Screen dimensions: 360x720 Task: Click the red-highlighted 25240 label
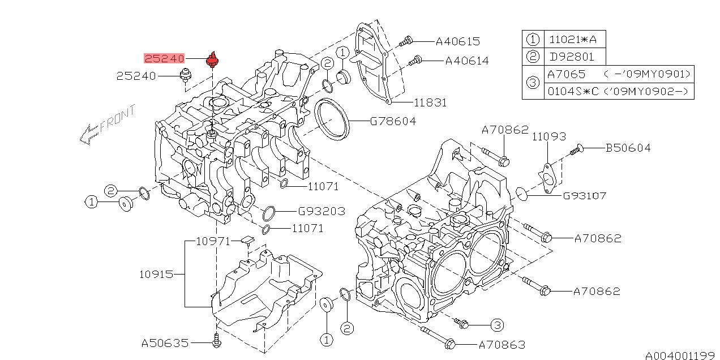(164, 58)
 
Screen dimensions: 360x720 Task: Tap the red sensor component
(213, 59)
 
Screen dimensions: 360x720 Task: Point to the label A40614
(466, 61)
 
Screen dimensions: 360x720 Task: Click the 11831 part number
(430, 103)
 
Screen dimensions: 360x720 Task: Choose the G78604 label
(393, 121)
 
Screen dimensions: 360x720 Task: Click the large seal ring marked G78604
(332, 119)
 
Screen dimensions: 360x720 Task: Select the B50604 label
(628, 148)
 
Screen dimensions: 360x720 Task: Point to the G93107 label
(584, 196)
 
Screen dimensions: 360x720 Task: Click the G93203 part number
(322, 212)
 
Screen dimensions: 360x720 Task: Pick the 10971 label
(213, 241)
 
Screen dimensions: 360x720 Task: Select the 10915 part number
(156, 275)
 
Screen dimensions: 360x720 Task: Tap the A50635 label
(164, 343)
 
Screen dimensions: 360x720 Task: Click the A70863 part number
(502, 344)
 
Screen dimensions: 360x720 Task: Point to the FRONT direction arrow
(108, 125)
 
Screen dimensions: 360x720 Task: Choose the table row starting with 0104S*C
(618, 91)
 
